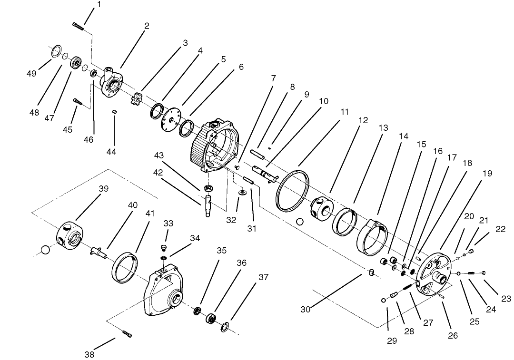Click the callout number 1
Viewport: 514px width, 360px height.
[99, 4]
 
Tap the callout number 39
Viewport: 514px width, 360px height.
[103, 188]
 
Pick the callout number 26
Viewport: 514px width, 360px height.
[453, 335]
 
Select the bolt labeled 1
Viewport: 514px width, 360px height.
[78, 26]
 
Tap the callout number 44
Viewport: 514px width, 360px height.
[111, 152]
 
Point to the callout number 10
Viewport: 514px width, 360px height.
[324, 101]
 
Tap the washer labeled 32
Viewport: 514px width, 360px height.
[242, 193]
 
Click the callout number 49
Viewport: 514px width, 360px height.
[31, 73]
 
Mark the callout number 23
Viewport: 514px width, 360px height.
[506, 299]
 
